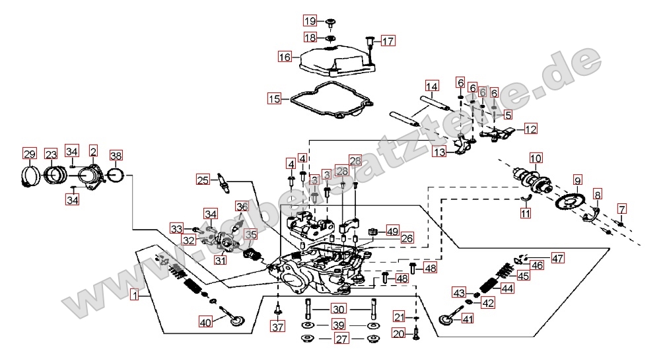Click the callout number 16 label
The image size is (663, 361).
coord(285,57)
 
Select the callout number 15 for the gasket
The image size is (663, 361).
coord(274,99)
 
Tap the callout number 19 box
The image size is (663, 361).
coord(310,20)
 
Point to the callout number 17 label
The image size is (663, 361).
coord(388,41)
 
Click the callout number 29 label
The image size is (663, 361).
coord(29,154)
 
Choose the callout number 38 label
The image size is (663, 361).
coord(116,155)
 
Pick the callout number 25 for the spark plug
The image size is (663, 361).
coord(203,179)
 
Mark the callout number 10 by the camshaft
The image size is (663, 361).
coord(535,158)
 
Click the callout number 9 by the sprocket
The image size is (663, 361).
coord(577,180)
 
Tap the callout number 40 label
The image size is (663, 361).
coord(205,323)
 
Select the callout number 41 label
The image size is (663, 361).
coord(468,319)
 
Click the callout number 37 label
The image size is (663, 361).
coord(277,327)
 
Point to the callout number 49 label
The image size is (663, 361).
coord(393,231)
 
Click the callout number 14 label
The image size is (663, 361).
coord(431,86)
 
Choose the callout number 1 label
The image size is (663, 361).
coord(135,296)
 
